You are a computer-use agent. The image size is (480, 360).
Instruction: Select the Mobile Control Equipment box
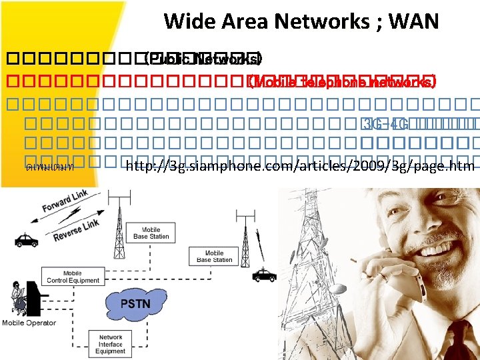pyautogui.click(x=73, y=277)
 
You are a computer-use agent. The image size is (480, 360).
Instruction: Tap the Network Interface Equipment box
pyautogui.click(x=110, y=344)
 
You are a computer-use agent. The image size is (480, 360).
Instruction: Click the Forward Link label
pyautogui.click(x=65, y=202)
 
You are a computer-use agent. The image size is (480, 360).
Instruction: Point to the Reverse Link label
pyautogui.click(x=77, y=227)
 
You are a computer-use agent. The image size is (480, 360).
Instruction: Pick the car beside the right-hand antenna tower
pyautogui.click(x=264, y=274)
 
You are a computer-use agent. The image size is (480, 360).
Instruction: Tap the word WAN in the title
pyautogui.click(x=413, y=21)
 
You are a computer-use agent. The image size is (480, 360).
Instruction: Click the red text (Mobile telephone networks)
pyautogui.click(x=341, y=83)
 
